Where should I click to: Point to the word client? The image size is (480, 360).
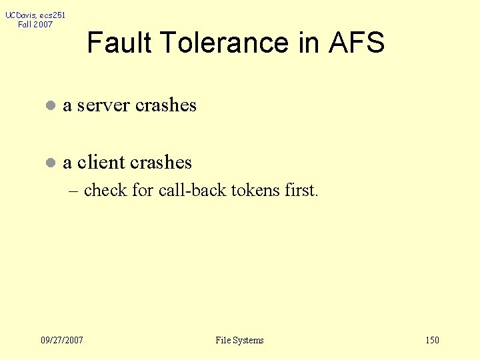click(x=102, y=162)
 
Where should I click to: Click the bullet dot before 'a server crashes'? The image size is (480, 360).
click(x=49, y=106)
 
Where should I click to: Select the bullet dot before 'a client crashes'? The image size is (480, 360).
click(x=49, y=163)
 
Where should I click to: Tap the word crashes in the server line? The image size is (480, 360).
click(x=166, y=105)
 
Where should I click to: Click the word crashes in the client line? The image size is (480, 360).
click(x=161, y=162)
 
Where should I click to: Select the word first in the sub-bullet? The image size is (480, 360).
click(x=301, y=190)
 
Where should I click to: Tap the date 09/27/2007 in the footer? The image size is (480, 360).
click(x=62, y=340)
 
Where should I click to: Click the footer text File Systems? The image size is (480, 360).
click(x=239, y=340)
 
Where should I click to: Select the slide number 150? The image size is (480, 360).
click(x=432, y=340)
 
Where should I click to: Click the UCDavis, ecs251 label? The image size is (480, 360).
click(x=35, y=15)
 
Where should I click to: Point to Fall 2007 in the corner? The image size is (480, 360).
click(x=35, y=25)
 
